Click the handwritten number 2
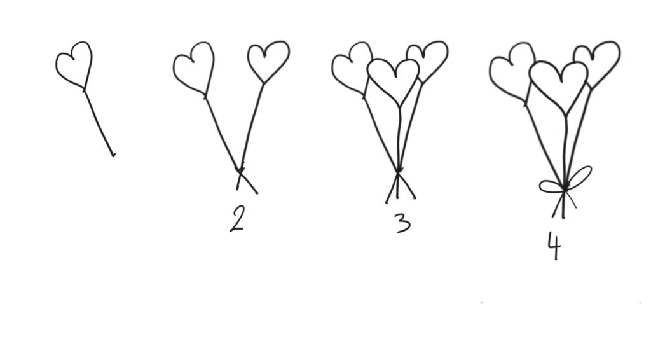237,219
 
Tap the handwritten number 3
404,223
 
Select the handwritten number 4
554,246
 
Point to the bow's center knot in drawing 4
565,190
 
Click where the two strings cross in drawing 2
240,169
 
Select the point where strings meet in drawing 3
399,170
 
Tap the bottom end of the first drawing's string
113,156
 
